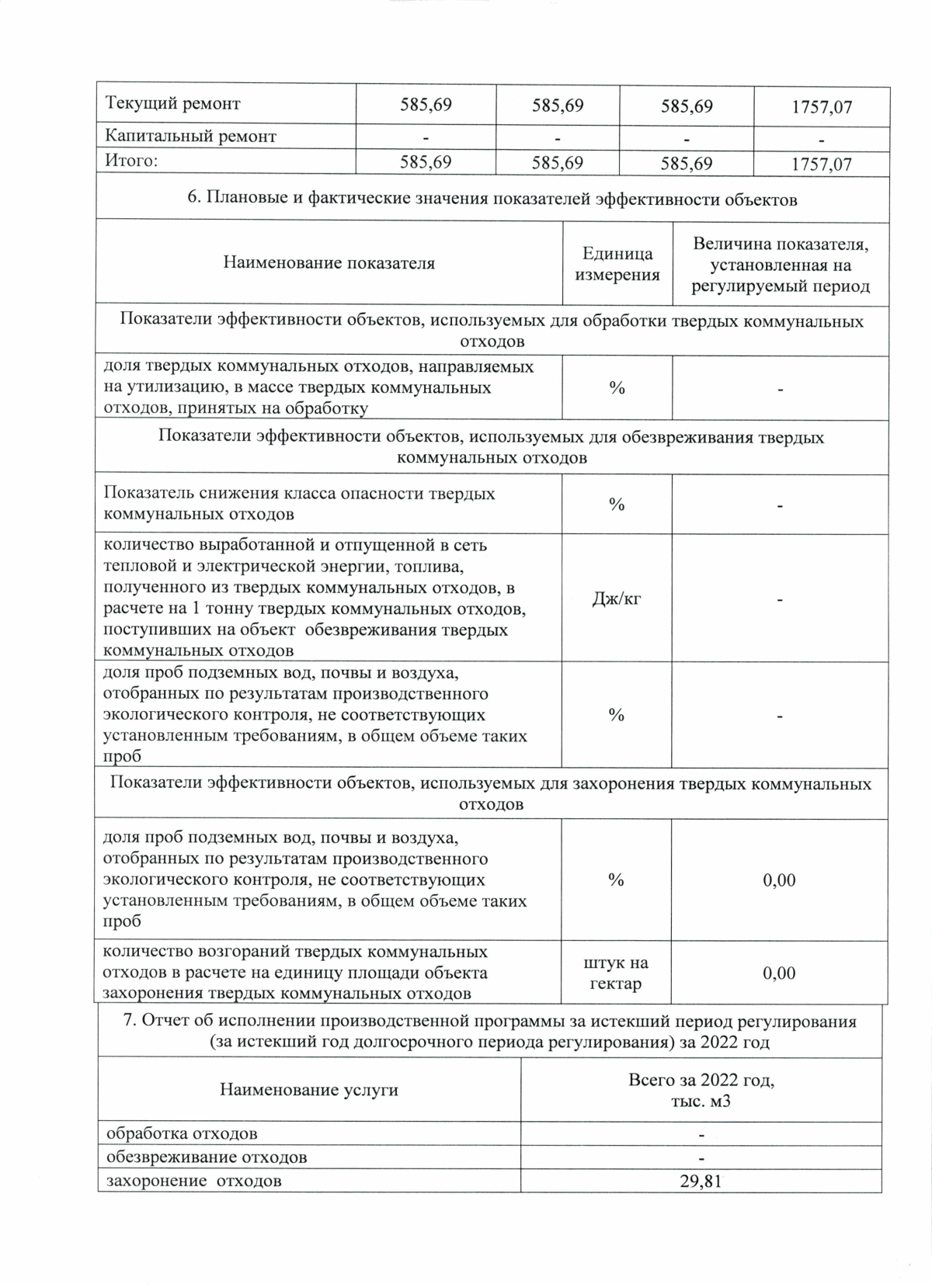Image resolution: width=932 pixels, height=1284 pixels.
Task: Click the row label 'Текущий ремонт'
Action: (173, 104)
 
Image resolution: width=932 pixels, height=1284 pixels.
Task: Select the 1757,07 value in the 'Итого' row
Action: (821, 165)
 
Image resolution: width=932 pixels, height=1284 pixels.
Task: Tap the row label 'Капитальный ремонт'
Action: (191, 137)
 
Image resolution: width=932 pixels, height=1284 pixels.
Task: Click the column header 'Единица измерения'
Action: (617, 264)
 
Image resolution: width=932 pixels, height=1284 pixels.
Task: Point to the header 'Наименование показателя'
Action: (329, 263)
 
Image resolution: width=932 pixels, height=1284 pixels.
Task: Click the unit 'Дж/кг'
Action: (617, 599)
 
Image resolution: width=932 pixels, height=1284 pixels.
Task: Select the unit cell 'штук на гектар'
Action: (616, 973)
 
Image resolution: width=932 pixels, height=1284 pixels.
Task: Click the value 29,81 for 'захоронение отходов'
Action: (701, 1182)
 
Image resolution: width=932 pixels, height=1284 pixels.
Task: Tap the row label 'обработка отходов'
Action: (182, 1134)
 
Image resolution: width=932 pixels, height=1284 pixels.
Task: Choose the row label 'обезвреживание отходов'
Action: (207, 1157)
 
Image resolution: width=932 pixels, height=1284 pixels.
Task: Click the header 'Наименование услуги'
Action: (309, 1090)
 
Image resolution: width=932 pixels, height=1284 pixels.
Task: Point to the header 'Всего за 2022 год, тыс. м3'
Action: (701, 1090)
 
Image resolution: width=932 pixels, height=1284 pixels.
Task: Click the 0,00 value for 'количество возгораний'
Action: (779, 973)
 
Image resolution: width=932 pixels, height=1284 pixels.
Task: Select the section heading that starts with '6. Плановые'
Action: (492, 199)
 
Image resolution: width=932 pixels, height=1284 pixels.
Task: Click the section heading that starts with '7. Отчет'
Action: (490, 1032)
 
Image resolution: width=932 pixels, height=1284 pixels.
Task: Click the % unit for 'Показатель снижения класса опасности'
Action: (617, 505)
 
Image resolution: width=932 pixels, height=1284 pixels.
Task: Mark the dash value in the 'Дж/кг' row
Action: (780, 599)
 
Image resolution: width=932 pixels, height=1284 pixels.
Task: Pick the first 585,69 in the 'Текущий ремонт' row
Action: (426, 105)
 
